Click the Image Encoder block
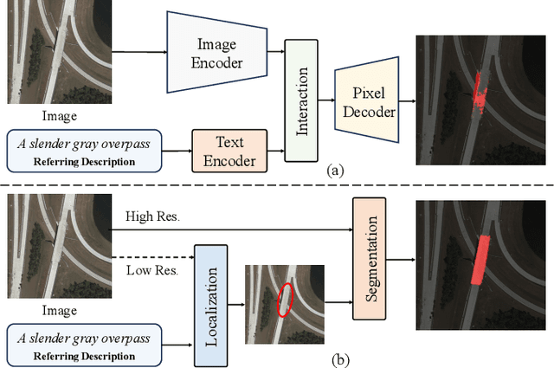tap(216, 53)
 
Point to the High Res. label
tap(151, 216)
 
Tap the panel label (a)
tap(337, 171)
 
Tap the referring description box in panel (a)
tap(84, 149)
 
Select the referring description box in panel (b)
tap(84, 342)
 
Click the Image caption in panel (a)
tap(59, 114)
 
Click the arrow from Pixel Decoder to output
tap(406, 100)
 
